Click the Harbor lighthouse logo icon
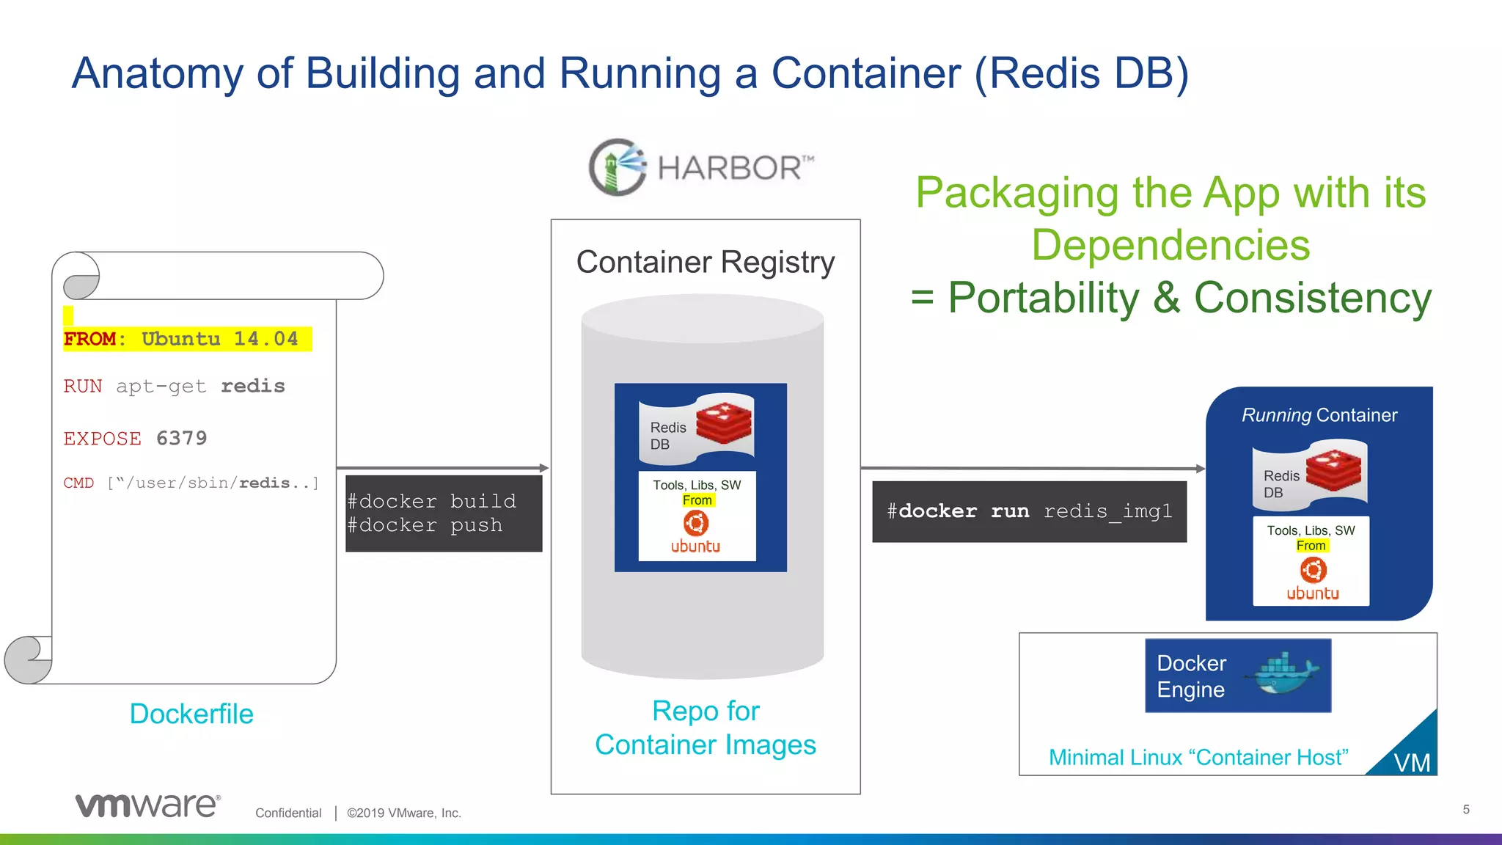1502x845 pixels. click(x=618, y=167)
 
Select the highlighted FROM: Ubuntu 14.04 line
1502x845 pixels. click(x=187, y=339)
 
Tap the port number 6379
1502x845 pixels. click(x=181, y=438)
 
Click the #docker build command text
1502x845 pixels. click(x=431, y=501)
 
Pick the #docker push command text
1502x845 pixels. click(x=425, y=525)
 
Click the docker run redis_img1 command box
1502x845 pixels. click(x=1028, y=511)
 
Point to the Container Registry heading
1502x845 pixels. click(x=705, y=263)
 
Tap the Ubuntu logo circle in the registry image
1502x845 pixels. click(x=695, y=523)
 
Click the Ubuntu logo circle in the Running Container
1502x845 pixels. click(x=1313, y=570)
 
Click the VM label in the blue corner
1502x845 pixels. click(x=1412, y=763)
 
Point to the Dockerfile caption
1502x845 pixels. click(x=191, y=714)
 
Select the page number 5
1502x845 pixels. click(x=1466, y=809)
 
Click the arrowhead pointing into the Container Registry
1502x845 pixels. click(x=543, y=468)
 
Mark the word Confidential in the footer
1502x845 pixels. click(x=288, y=813)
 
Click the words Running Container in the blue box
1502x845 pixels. click(x=1319, y=415)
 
